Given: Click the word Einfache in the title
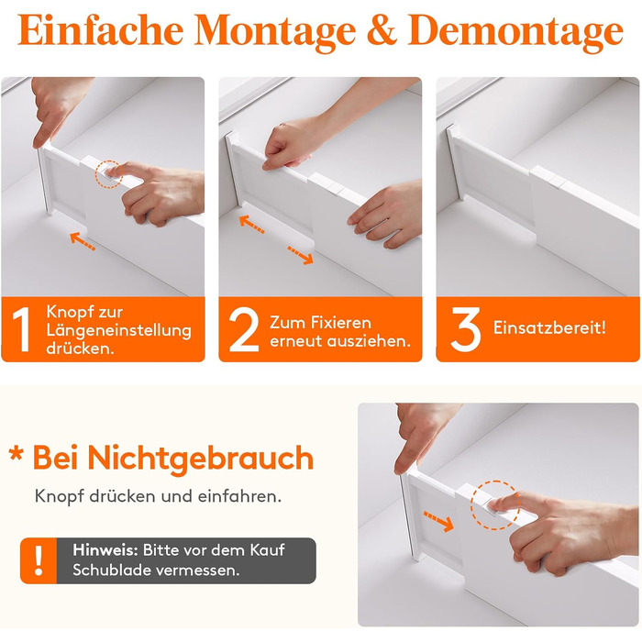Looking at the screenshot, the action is pos(100,30).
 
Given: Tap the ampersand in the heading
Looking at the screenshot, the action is pos(382,30).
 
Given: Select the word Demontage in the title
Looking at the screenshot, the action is pos(515,34).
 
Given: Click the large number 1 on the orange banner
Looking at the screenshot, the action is pos(22,329).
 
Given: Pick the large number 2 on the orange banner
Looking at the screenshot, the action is pos(244,329).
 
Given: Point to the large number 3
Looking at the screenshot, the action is pos(466,329).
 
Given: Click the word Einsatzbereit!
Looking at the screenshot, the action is pos(549,327).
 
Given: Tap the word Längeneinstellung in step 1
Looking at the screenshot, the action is pos(118,330).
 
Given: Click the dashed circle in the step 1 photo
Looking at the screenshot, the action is pos(109,174).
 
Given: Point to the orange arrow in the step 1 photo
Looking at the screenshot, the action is pos(83,240).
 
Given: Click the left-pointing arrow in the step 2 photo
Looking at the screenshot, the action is pos(251,224).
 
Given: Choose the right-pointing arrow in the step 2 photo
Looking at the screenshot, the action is pos(301,255).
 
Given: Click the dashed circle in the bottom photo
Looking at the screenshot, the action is pos(495,505).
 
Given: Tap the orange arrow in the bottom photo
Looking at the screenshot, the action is pos(438,521).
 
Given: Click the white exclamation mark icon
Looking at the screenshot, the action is pos(39,560).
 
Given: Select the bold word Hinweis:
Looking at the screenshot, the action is pos(105,550).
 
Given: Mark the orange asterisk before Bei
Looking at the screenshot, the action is pos(16,454).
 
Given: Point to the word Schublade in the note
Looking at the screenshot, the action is pos(111,570).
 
